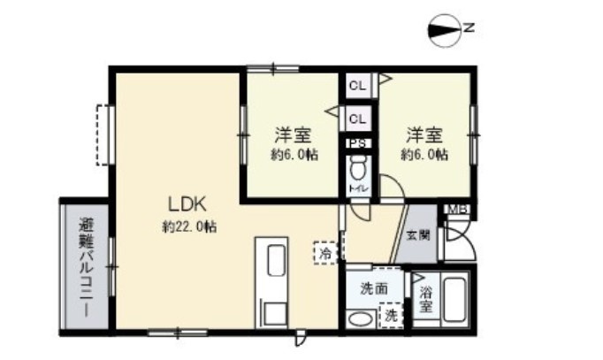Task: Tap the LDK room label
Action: click(x=187, y=204)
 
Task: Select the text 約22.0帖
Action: click(x=189, y=226)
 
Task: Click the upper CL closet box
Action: click(x=358, y=86)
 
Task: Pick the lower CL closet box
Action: click(x=358, y=119)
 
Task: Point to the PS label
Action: click(x=358, y=144)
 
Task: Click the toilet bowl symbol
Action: click(x=358, y=168)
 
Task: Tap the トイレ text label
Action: click(x=358, y=188)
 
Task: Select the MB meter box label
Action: click(x=457, y=210)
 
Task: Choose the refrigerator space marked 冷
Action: click(x=325, y=253)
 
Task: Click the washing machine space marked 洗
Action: click(x=391, y=316)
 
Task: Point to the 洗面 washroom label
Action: click(x=374, y=288)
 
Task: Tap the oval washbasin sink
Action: click(x=361, y=319)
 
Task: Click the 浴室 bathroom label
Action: click(x=425, y=299)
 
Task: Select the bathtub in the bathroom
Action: click(x=454, y=300)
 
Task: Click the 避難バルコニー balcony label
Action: click(x=86, y=268)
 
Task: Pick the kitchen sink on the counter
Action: click(x=276, y=260)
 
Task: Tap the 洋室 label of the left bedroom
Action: click(x=293, y=134)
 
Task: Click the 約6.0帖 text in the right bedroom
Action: click(x=424, y=155)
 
